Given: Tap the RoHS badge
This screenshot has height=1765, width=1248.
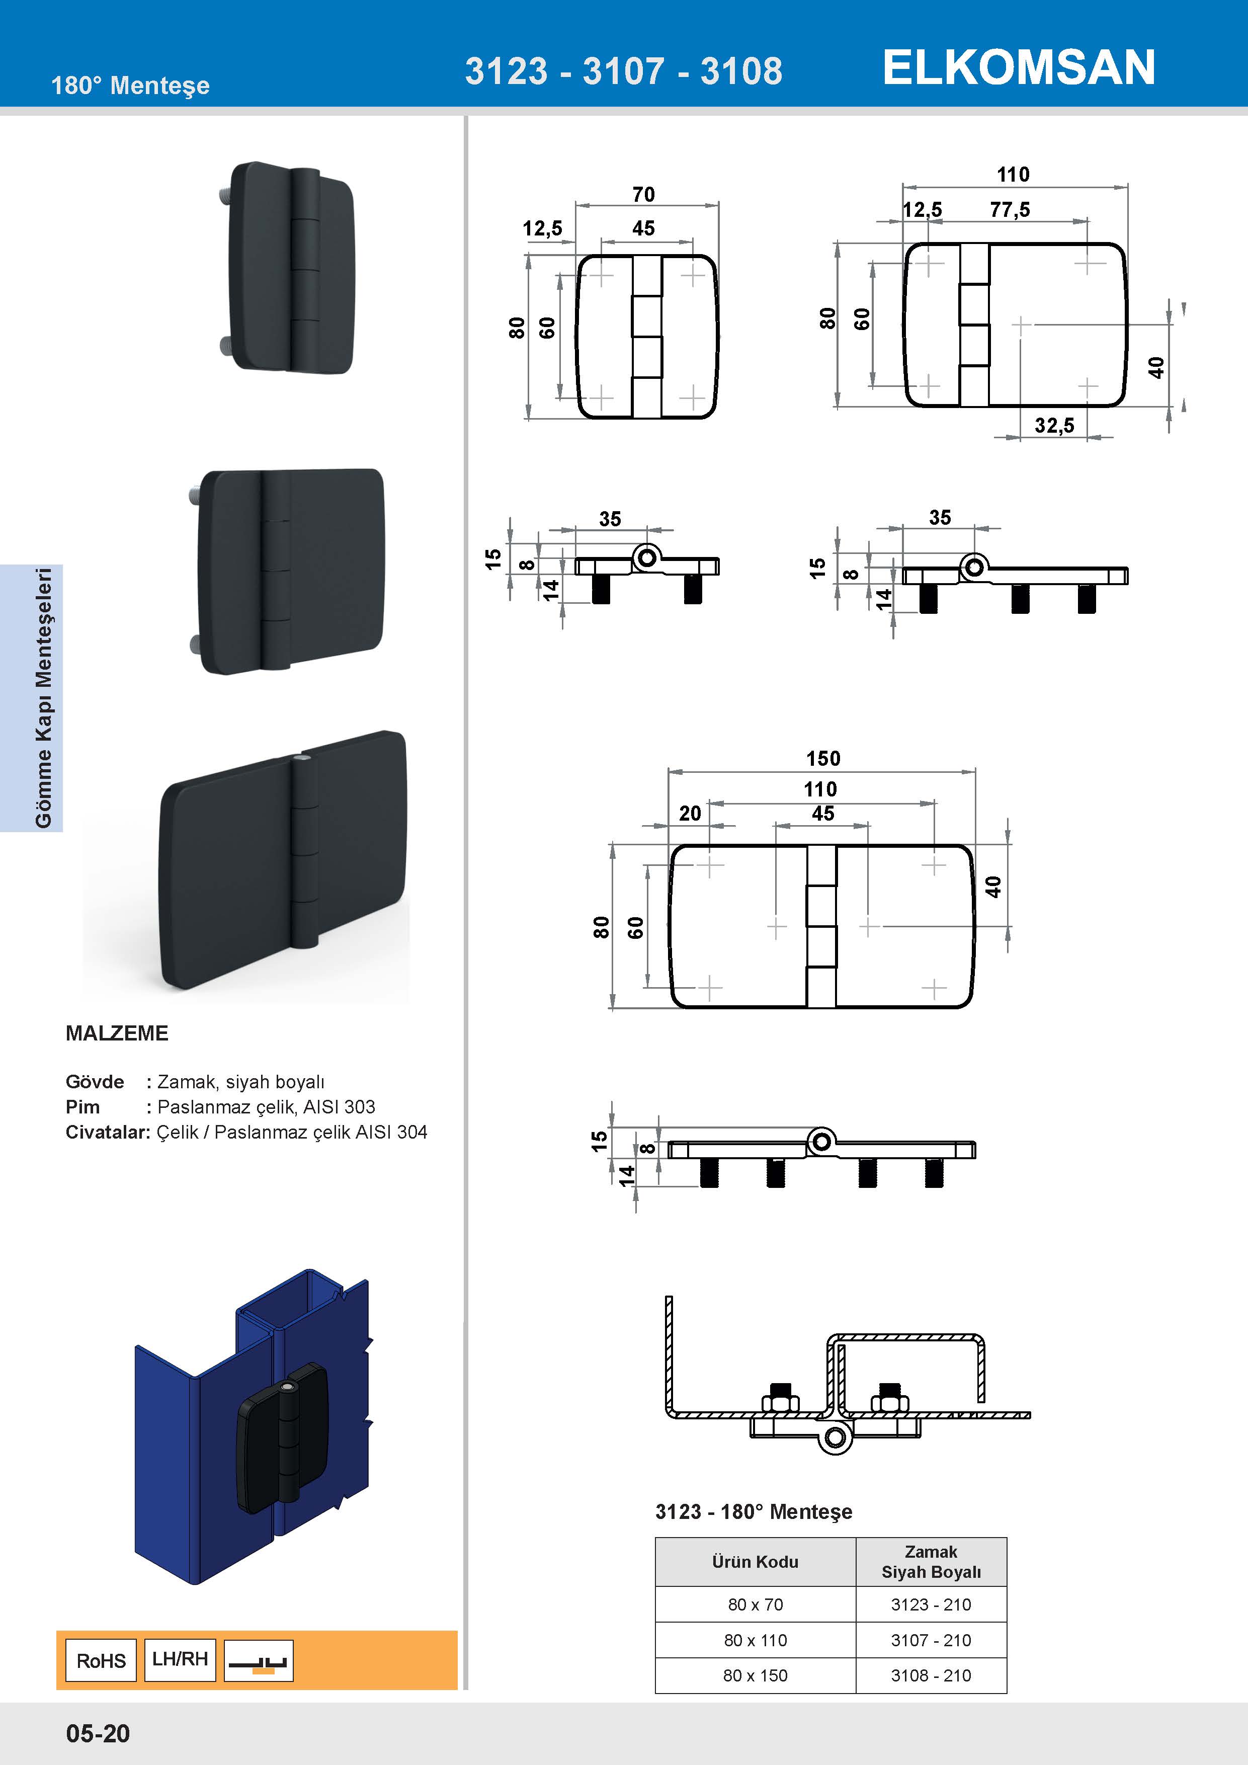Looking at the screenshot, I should tap(101, 1660).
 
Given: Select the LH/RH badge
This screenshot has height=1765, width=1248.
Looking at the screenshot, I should tap(180, 1659).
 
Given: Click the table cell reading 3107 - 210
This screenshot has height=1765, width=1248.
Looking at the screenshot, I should tap(931, 1640).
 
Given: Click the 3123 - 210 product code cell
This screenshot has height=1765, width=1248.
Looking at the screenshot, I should tap(931, 1604).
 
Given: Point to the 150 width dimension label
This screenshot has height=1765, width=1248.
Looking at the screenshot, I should tap(823, 759).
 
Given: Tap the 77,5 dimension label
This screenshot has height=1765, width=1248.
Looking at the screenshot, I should tap(1010, 210).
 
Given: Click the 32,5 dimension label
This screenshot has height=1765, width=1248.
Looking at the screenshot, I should tap(1054, 426).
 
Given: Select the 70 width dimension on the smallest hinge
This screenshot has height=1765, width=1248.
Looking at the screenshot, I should tap(644, 195).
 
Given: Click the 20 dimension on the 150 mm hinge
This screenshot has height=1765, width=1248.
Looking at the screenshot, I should tap(690, 813).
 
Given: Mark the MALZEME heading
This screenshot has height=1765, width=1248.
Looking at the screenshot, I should tap(117, 1033).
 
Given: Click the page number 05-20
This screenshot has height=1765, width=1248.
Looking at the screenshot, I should tap(98, 1733).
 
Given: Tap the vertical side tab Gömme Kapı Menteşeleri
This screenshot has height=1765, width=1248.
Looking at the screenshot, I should tap(44, 697).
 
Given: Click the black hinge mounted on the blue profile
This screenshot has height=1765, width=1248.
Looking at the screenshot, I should tap(283, 1437).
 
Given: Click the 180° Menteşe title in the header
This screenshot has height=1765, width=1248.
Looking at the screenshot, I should tap(130, 86).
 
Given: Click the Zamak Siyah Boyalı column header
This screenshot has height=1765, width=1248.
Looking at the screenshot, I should tap(931, 1561).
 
